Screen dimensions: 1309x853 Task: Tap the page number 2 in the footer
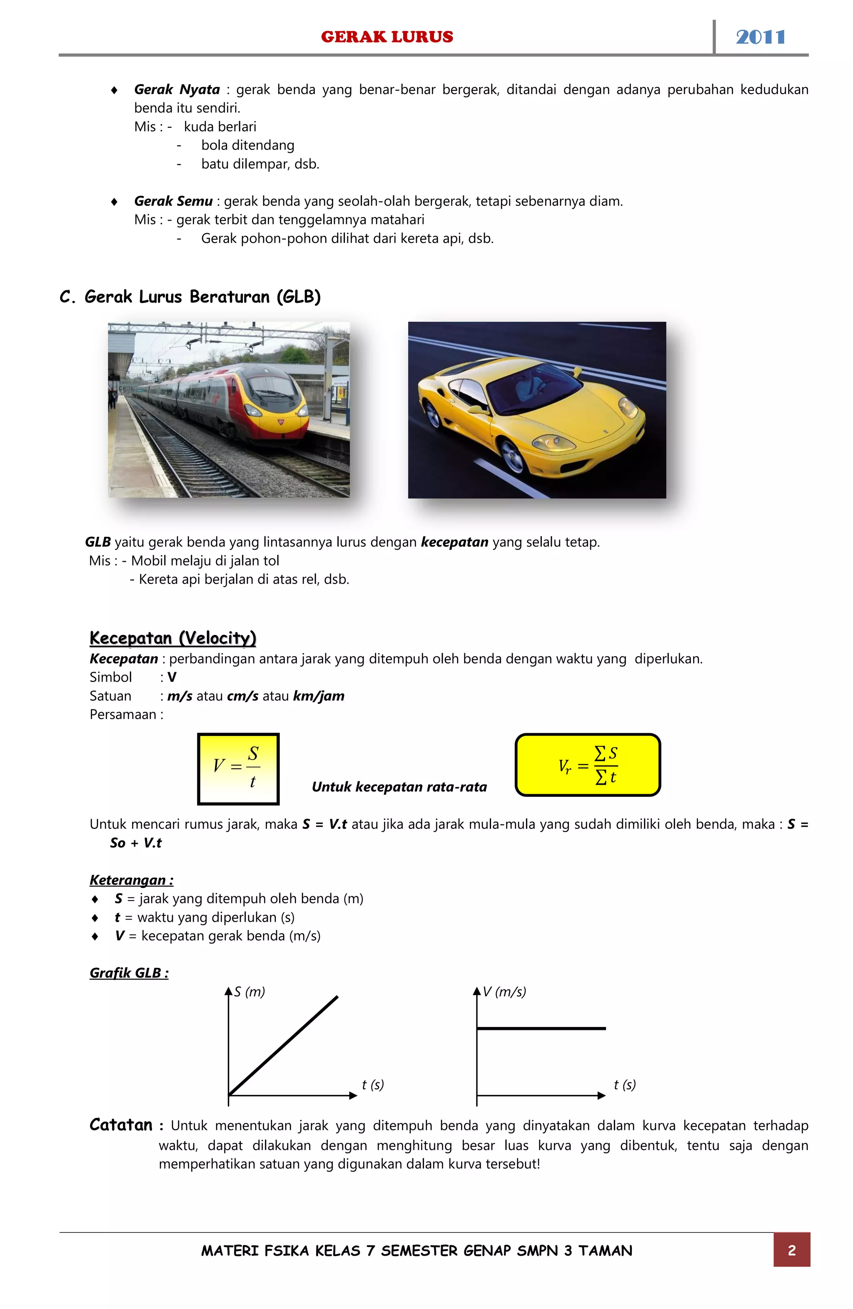(x=791, y=1250)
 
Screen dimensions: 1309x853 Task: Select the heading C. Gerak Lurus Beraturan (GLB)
(x=190, y=297)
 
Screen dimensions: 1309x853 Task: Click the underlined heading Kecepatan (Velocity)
(x=173, y=638)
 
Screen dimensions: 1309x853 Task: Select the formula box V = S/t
(x=238, y=768)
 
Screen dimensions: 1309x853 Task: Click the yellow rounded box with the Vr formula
(x=587, y=765)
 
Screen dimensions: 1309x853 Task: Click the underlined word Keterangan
(x=131, y=880)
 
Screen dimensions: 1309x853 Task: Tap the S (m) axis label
(x=249, y=992)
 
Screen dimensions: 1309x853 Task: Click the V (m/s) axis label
(x=504, y=992)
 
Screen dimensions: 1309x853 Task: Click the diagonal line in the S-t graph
(x=283, y=1045)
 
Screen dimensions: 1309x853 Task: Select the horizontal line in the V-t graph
(x=541, y=1028)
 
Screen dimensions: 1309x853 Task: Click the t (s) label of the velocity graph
(x=624, y=1085)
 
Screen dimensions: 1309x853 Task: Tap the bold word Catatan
(x=121, y=1125)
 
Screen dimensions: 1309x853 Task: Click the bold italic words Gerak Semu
(x=173, y=201)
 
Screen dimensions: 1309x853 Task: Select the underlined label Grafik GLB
(x=129, y=973)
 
